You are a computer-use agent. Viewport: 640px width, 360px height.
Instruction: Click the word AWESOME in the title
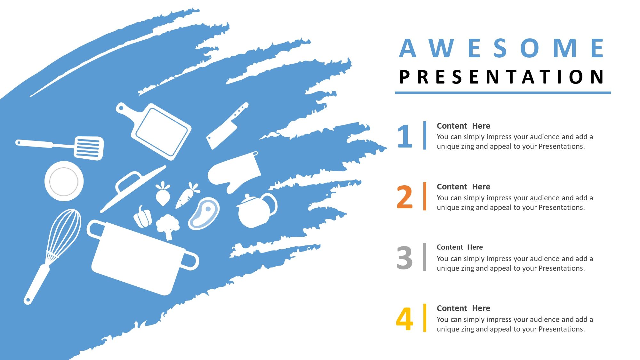tap(501, 48)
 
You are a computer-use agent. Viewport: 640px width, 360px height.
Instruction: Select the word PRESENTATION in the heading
tap(501, 77)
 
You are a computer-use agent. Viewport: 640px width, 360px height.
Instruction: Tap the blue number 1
tap(405, 136)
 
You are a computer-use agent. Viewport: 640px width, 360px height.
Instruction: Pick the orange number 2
tap(404, 197)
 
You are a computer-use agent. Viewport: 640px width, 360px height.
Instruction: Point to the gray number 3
tap(404, 258)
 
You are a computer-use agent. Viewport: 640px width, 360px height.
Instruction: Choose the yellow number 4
tap(404, 319)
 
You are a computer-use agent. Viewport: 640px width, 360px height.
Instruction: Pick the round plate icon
tap(64, 181)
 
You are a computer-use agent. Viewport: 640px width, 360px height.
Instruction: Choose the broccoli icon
tap(167, 226)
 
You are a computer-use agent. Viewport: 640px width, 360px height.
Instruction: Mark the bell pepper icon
tap(143, 217)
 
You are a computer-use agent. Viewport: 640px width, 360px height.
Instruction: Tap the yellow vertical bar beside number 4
tap(425, 318)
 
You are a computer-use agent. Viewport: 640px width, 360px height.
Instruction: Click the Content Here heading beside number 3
tap(460, 247)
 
